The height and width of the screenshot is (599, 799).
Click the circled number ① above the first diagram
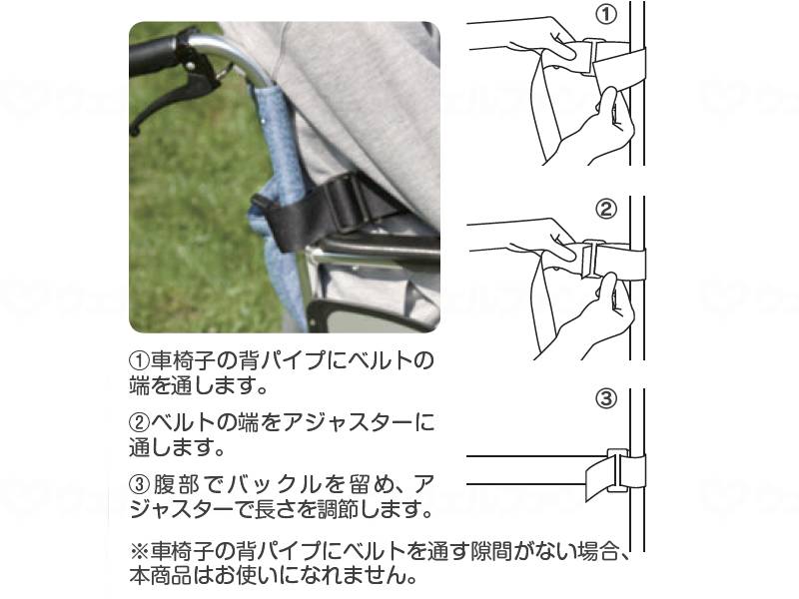coord(606,14)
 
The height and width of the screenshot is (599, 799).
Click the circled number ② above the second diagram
coord(606,209)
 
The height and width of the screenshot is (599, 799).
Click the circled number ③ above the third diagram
coord(606,397)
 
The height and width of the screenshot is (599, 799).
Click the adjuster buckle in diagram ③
coord(618,470)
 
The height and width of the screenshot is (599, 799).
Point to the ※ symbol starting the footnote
coord(140,552)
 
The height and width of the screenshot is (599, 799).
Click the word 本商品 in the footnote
coord(161,576)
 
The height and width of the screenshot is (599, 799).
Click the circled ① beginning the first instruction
coord(140,361)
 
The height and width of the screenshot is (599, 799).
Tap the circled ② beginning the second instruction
coord(140,422)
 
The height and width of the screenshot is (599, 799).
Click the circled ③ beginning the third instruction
coord(141,485)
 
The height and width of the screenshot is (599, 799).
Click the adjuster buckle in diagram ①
coord(592,57)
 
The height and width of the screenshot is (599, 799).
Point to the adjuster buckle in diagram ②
coord(592,259)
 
